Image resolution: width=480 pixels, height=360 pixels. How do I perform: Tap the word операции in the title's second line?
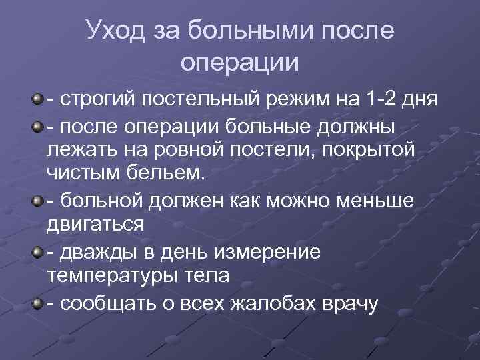pos(240,63)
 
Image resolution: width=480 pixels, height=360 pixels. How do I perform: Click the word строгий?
pos(93,101)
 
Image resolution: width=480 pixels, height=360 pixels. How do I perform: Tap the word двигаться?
pos(95,224)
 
